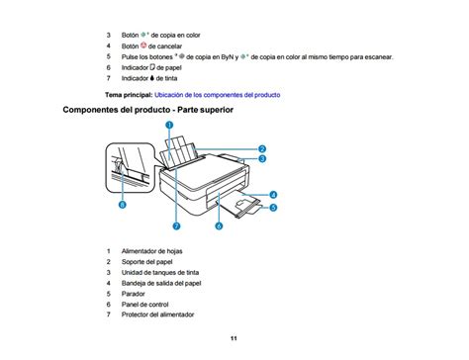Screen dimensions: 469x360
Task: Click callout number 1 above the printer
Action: tap(169, 125)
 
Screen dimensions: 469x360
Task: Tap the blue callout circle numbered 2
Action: tap(262, 148)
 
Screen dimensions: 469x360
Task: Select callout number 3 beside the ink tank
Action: tap(262, 158)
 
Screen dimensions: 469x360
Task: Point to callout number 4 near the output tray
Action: tap(273, 195)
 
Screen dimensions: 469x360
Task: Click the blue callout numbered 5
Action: tap(273, 208)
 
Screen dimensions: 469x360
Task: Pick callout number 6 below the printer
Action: tap(219, 225)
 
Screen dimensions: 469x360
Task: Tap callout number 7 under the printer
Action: tap(177, 225)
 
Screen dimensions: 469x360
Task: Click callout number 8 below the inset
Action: tap(123, 205)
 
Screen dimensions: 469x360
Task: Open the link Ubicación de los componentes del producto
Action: tap(218, 95)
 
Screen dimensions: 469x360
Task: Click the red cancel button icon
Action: tap(143, 45)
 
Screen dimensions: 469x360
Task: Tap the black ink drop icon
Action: tap(151, 78)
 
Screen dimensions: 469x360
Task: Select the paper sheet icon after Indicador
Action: tap(152, 67)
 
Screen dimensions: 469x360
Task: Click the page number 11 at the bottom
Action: tap(234, 338)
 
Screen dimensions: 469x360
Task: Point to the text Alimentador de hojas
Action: tap(151, 251)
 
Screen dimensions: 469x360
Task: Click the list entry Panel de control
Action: tap(144, 305)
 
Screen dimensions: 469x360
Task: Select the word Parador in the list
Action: tap(133, 294)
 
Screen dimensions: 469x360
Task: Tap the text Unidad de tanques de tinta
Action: tap(160, 272)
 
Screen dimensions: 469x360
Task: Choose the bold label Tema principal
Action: tap(129, 95)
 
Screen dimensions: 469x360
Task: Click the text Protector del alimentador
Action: tap(157, 315)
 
